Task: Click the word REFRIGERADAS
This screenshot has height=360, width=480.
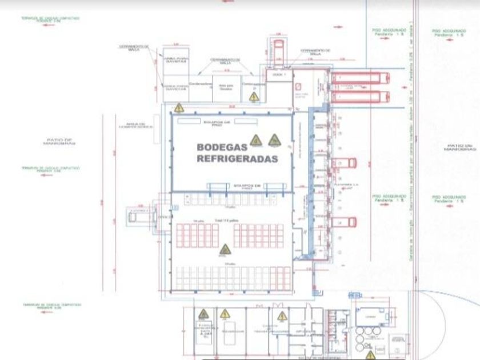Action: [x=237, y=159]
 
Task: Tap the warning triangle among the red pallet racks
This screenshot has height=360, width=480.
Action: [x=225, y=249]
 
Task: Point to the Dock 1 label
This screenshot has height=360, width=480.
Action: [x=279, y=75]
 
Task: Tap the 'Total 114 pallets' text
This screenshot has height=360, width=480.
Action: [x=229, y=219]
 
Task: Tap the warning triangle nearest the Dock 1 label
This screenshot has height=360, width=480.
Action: [x=253, y=97]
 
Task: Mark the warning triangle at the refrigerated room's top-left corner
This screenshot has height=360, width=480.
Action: [x=179, y=107]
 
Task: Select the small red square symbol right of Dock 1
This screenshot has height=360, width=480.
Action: [x=298, y=86]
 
